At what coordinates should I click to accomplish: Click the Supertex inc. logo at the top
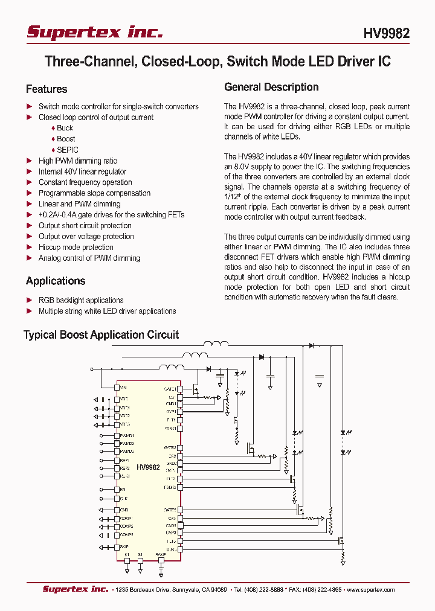tap(94, 33)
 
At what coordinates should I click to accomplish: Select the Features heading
tap(47, 89)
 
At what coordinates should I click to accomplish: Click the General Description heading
tap(271, 87)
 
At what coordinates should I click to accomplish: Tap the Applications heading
tap(56, 281)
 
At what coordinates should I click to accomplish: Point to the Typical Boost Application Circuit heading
tap(101, 334)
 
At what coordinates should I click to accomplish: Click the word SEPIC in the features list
tap(68, 150)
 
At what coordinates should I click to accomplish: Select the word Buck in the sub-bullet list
tap(65, 128)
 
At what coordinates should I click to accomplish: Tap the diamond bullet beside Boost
tap(53, 139)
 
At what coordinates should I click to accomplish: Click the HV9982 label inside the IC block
tap(148, 467)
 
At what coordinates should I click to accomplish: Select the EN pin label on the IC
tap(123, 489)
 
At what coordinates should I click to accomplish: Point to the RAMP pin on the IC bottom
tap(161, 554)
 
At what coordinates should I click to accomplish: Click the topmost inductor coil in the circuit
tap(216, 345)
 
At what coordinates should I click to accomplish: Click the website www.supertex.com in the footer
tap(370, 590)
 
